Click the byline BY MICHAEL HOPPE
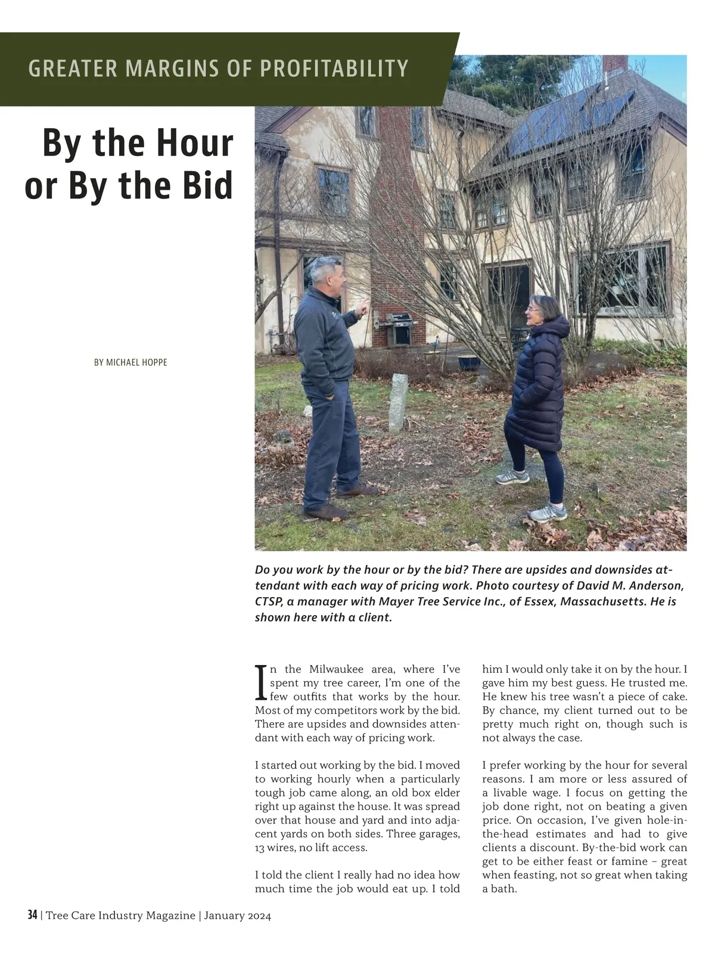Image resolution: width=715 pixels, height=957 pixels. pyautogui.click(x=130, y=362)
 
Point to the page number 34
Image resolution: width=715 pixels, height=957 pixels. pyautogui.click(x=32, y=915)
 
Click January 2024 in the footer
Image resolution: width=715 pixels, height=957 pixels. pyautogui.click(x=237, y=915)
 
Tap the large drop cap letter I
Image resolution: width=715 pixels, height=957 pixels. pyautogui.click(x=260, y=683)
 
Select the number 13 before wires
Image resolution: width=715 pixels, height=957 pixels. pyautogui.click(x=261, y=848)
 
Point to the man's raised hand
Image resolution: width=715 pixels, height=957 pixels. pyautogui.click(x=362, y=309)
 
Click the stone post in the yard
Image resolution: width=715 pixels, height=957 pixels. pyautogui.click(x=398, y=402)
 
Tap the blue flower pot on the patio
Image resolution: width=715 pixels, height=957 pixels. pyautogui.click(x=469, y=362)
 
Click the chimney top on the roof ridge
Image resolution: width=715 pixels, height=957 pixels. pyautogui.click(x=615, y=63)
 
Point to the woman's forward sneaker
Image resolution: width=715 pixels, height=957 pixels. pyautogui.click(x=512, y=477)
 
